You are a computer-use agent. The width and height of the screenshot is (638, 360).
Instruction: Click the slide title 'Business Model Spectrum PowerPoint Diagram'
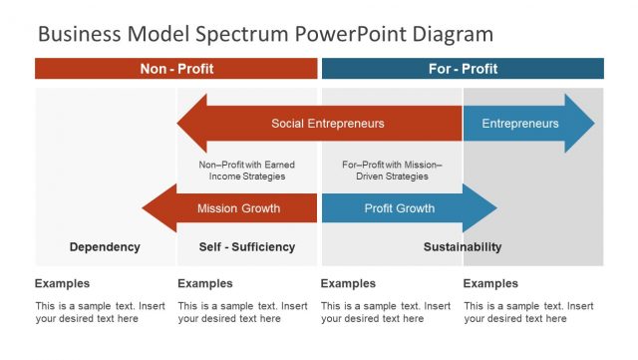coord(265,34)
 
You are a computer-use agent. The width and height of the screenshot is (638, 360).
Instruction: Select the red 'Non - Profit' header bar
coord(176,69)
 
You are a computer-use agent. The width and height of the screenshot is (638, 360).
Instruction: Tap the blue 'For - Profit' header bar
coord(463,69)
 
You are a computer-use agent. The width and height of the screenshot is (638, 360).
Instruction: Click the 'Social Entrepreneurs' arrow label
coord(327,124)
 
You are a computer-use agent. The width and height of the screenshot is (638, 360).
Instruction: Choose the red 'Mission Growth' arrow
coord(238,208)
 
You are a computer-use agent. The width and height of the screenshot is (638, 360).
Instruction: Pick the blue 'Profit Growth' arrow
coord(399,208)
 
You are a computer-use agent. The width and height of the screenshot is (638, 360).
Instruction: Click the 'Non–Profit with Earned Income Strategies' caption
coord(247,171)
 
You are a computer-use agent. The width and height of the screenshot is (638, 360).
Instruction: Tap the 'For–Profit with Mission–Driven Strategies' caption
coord(392,171)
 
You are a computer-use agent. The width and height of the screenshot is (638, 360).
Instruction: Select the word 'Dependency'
coord(105,247)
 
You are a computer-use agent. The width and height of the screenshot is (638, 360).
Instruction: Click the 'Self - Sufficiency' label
coord(247,247)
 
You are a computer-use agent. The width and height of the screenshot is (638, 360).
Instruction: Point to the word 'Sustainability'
coord(463,247)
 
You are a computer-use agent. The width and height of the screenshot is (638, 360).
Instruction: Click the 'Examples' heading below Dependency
coord(62,283)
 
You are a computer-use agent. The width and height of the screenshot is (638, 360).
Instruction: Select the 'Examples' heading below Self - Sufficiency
coord(205,283)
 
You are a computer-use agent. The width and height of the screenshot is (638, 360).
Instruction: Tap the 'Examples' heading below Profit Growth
coord(348,283)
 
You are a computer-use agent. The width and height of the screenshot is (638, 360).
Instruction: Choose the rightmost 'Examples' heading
coord(490,283)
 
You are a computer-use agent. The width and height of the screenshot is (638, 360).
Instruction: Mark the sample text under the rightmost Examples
coord(528,312)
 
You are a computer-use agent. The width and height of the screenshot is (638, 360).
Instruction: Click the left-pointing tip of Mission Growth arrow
coord(146,208)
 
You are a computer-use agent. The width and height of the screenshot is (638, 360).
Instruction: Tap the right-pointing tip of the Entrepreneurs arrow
coord(591,124)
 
